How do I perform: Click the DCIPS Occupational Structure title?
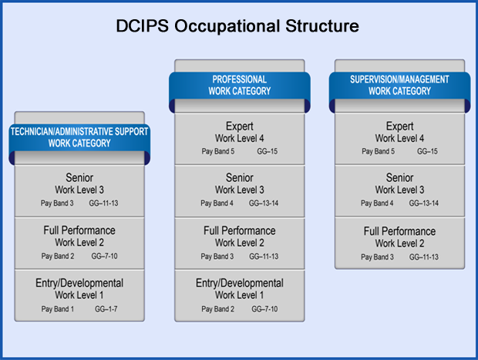pos(238,25)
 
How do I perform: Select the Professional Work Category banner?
pos(240,86)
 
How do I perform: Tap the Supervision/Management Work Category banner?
pos(399,86)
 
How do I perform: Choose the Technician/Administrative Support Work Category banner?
pos(79,138)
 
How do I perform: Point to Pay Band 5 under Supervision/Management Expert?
pos(379,151)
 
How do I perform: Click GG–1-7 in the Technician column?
pos(106,308)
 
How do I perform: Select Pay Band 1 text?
pos(58,308)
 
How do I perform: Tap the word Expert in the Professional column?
pos(240,126)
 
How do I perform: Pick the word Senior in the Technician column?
pos(79,178)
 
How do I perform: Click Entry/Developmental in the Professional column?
pos(240,283)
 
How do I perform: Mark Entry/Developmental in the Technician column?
pos(79,283)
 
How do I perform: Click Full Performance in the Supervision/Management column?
pos(399,230)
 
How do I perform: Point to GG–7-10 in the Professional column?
pos(266,308)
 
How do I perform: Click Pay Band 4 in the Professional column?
pos(217,204)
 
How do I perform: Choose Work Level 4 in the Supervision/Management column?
pos(399,138)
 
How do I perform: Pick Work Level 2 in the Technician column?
pos(79,242)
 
